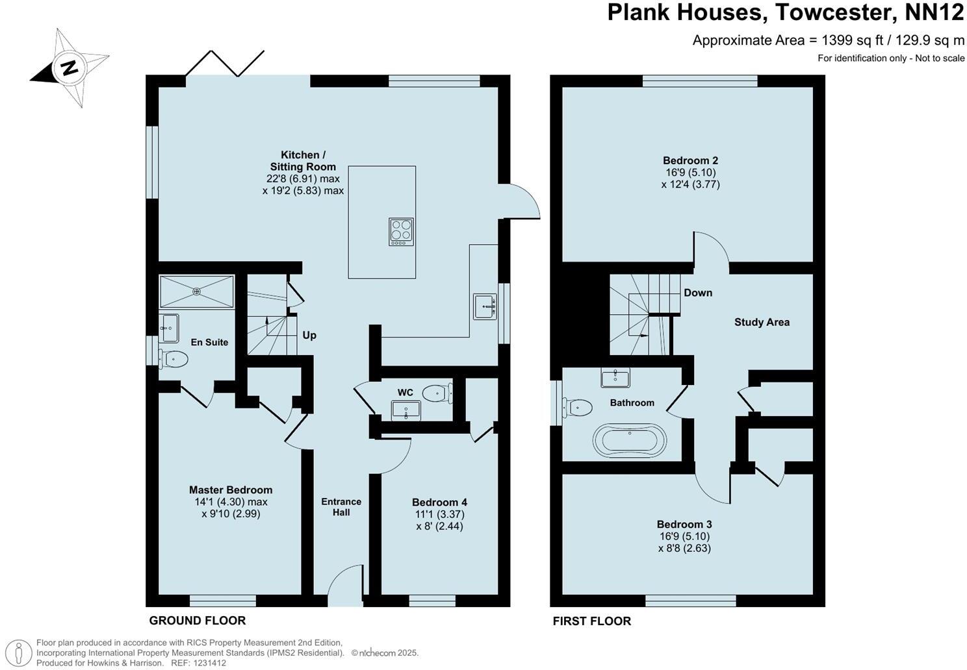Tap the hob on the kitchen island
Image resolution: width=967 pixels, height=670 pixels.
point(401,232)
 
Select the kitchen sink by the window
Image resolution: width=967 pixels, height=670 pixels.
point(485,306)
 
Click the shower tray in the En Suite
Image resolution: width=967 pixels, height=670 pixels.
point(196,292)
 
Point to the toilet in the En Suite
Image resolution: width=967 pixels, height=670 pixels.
point(174,358)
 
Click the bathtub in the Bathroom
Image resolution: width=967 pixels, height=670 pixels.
point(629,440)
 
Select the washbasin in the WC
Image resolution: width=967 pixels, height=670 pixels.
point(406,410)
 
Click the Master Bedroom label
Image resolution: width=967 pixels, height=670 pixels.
point(231,490)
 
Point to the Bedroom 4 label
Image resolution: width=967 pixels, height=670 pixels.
point(439,503)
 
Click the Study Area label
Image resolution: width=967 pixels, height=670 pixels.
point(762,322)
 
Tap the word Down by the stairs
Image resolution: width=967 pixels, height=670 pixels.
point(698,293)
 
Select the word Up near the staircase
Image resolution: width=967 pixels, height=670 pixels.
point(309,335)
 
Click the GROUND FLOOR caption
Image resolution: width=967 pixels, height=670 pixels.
point(198,621)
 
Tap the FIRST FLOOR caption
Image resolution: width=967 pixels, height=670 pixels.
point(591,621)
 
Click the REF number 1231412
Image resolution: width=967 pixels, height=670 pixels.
point(208,663)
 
